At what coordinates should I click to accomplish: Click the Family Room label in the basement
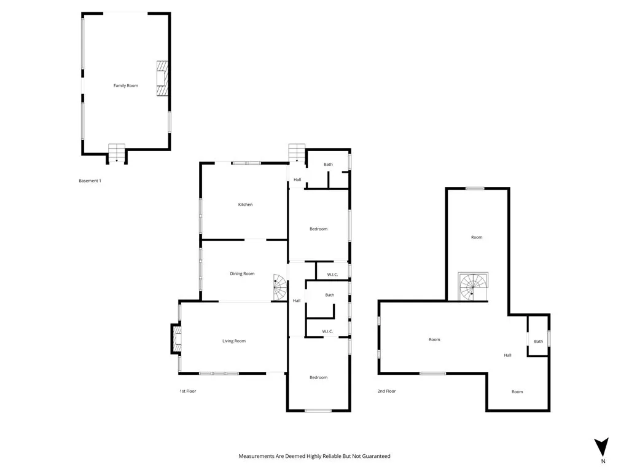pyautogui.click(x=125, y=85)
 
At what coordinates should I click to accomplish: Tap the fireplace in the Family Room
pyautogui.click(x=162, y=78)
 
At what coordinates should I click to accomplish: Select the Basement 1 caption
pyautogui.click(x=90, y=181)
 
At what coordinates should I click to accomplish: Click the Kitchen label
pyautogui.click(x=245, y=205)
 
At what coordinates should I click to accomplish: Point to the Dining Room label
pyautogui.click(x=242, y=273)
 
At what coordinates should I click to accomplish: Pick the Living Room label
pyautogui.click(x=234, y=341)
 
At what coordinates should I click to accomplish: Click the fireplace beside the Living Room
pyautogui.click(x=177, y=339)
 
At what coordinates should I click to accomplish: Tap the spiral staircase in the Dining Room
pyautogui.click(x=280, y=287)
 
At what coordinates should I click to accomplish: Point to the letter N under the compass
pyautogui.click(x=603, y=462)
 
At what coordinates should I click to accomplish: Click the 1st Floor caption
pyautogui.click(x=187, y=391)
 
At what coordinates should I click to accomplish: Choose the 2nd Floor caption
pyautogui.click(x=386, y=391)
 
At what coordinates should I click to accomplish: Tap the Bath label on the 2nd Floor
pyautogui.click(x=538, y=342)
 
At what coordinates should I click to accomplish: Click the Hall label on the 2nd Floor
pyautogui.click(x=508, y=355)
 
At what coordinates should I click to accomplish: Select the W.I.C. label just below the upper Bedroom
pyautogui.click(x=332, y=274)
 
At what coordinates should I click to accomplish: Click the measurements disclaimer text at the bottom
pyautogui.click(x=314, y=456)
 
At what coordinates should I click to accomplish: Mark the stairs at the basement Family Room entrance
pyautogui.click(x=117, y=152)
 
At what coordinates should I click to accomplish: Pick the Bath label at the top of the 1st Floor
pyautogui.click(x=329, y=164)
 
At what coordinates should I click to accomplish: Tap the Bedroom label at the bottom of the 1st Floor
pyautogui.click(x=318, y=377)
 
